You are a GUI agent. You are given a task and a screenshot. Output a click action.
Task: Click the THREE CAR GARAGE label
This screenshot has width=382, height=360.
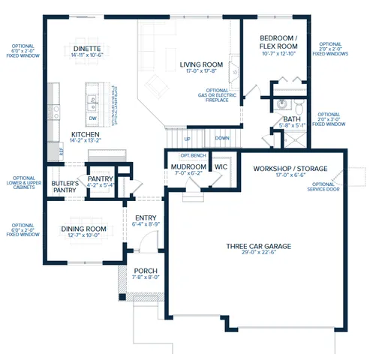coord(259,246)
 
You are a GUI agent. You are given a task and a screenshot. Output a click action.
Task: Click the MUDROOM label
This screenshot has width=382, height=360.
coord(188,166)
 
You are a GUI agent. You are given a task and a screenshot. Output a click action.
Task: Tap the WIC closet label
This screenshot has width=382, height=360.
coord(221,166)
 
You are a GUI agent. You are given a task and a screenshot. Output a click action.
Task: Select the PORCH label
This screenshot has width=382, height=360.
coord(145,271)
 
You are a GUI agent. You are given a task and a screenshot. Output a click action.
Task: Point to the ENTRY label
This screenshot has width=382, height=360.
coord(144,217)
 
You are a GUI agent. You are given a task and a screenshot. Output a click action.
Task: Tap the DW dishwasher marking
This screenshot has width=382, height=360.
coord(92,118)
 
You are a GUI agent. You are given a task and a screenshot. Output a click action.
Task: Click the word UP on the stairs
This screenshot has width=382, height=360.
coord(187,139)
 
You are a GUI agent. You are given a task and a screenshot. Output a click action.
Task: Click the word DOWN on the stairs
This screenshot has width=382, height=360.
coord(222,139)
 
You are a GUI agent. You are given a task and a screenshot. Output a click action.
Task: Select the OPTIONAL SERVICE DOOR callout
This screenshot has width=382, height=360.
coord(323,186)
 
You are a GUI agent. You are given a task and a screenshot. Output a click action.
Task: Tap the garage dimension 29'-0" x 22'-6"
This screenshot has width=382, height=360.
coord(259,253)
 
